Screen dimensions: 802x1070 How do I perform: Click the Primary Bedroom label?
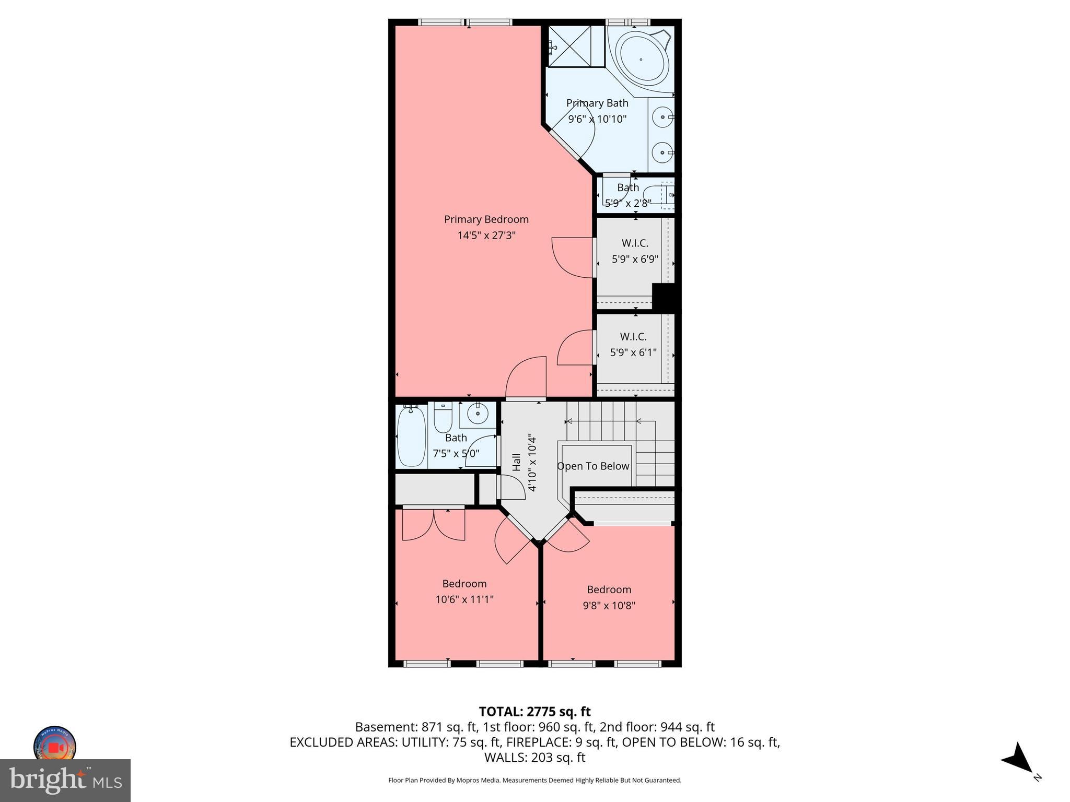click(486, 219)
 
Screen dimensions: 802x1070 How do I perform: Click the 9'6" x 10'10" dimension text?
click(597, 119)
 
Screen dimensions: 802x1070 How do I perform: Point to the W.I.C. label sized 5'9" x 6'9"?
click(635, 243)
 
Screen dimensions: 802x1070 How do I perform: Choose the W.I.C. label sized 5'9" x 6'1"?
click(633, 337)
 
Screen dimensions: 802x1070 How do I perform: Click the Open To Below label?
click(593, 466)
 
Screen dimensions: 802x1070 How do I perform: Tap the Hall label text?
click(517, 462)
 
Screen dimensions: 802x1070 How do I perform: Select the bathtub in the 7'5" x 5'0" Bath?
click(411, 437)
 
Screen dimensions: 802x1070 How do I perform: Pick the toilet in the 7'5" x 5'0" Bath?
click(443, 418)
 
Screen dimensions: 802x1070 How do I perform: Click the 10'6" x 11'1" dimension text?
click(464, 599)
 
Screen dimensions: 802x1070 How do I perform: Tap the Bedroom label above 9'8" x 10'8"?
click(609, 589)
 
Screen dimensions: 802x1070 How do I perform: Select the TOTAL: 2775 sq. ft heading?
click(534, 712)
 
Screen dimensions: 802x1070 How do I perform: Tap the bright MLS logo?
click(65, 781)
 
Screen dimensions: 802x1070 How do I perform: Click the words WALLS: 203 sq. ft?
click(534, 758)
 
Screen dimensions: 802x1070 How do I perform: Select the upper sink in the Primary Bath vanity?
click(662, 117)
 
